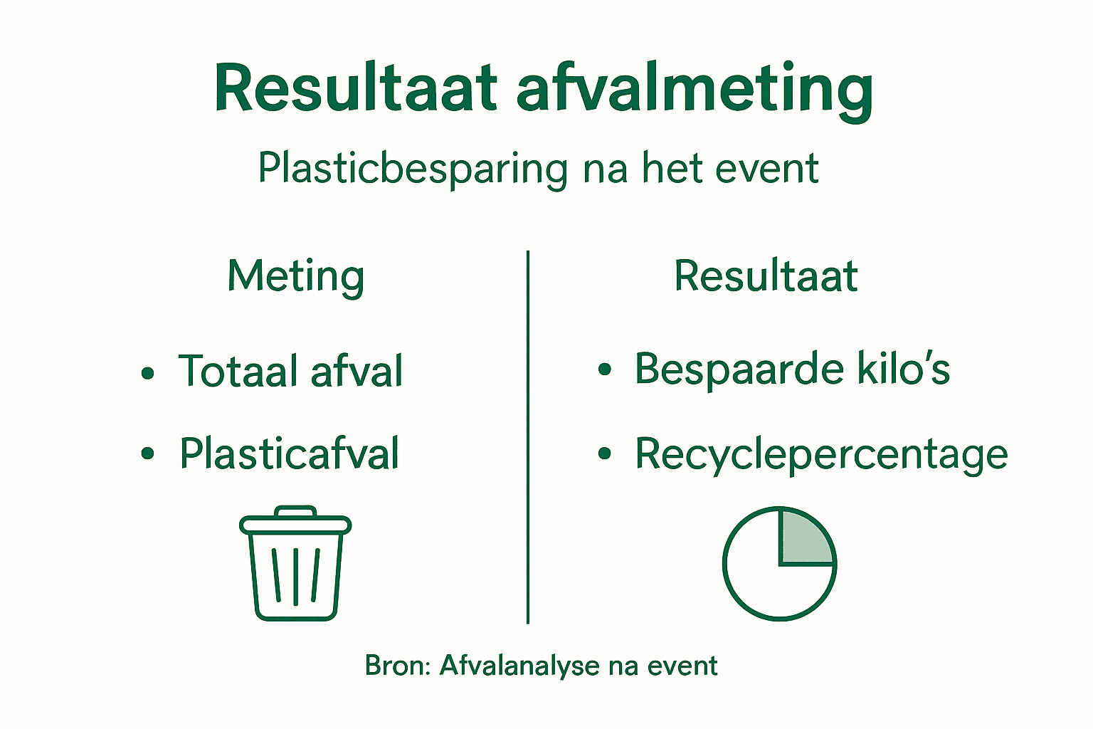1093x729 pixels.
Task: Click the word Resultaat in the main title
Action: [x=355, y=89]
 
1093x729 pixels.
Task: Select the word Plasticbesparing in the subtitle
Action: [x=412, y=169]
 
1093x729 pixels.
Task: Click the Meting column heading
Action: [x=296, y=276]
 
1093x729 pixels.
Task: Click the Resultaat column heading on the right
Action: [x=766, y=276]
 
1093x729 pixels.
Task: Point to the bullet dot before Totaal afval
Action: [x=147, y=372]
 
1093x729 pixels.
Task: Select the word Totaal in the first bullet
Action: [x=238, y=371]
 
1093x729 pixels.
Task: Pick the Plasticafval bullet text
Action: [x=289, y=453]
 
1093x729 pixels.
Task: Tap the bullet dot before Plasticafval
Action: [x=147, y=454]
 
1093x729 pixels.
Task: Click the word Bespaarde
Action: [x=739, y=369]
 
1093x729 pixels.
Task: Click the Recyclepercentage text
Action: [x=821, y=454]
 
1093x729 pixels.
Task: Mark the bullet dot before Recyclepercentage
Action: [x=604, y=453]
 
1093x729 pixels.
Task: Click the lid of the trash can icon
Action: [x=295, y=525]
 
